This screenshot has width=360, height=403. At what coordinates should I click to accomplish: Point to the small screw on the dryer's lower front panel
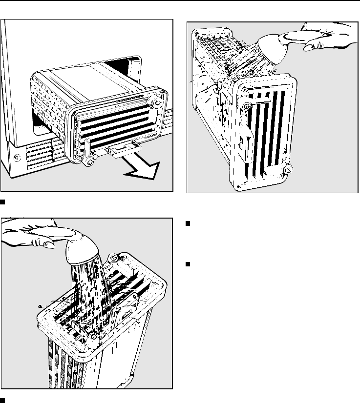(x=17, y=157)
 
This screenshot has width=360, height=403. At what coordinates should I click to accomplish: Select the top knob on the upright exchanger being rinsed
(x=114, y=257)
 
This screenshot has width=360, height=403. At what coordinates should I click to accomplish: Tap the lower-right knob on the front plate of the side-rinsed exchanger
(x=288, y=170)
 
